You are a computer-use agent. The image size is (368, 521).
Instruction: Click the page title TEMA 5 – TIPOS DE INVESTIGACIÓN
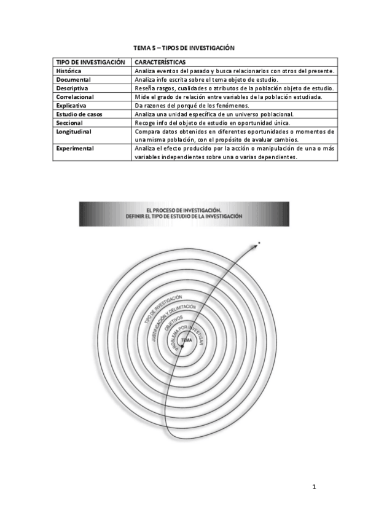tap(184, 47)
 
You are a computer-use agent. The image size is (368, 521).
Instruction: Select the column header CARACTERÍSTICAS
tap(160, 63)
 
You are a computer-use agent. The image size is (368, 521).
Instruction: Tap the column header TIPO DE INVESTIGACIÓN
tap(90, 63)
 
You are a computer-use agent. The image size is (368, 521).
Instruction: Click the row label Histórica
tap(68, 71)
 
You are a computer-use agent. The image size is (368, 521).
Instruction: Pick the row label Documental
tap(73, 80)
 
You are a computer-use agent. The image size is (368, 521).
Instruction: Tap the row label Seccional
tap(69, 123)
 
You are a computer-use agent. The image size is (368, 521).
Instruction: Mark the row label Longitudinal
tap(73, 131)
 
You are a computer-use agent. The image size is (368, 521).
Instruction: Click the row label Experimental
tap(75, 149)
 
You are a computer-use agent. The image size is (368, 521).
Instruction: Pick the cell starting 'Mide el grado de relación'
tap(235, 97)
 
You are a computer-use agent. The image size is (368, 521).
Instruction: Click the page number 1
tap(314, 487)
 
